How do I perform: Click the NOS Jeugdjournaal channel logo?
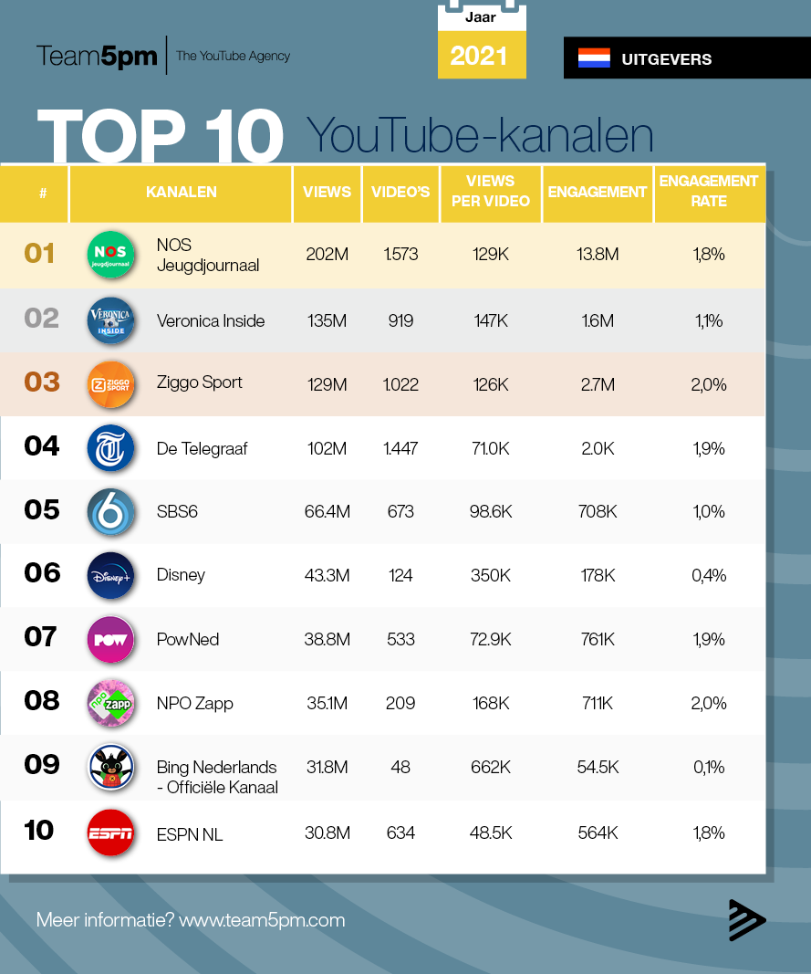[110, 255]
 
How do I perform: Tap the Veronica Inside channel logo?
[110, 320]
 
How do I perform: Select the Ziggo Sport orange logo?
[110, 384]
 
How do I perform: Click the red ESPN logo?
[110, 833]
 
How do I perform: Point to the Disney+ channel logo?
[110, 575]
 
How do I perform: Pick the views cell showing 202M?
[327, 255]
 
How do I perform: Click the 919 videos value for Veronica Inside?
[400, 320]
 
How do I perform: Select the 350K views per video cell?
[491, 575]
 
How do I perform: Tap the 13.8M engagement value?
[598, 255]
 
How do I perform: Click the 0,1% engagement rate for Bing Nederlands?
[709, 768]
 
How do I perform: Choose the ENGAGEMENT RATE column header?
[709, 191]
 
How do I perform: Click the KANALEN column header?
[181, 192]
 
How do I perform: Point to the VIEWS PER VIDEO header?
[491, 191]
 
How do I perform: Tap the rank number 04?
[42, 446]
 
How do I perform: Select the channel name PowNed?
[188, 639]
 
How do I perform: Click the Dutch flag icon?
[594, 58]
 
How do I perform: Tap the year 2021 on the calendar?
[479, 57]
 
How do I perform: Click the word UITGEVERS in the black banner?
[666, 59]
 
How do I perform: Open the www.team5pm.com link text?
[262, 920]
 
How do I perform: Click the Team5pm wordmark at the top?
[97, 56]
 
